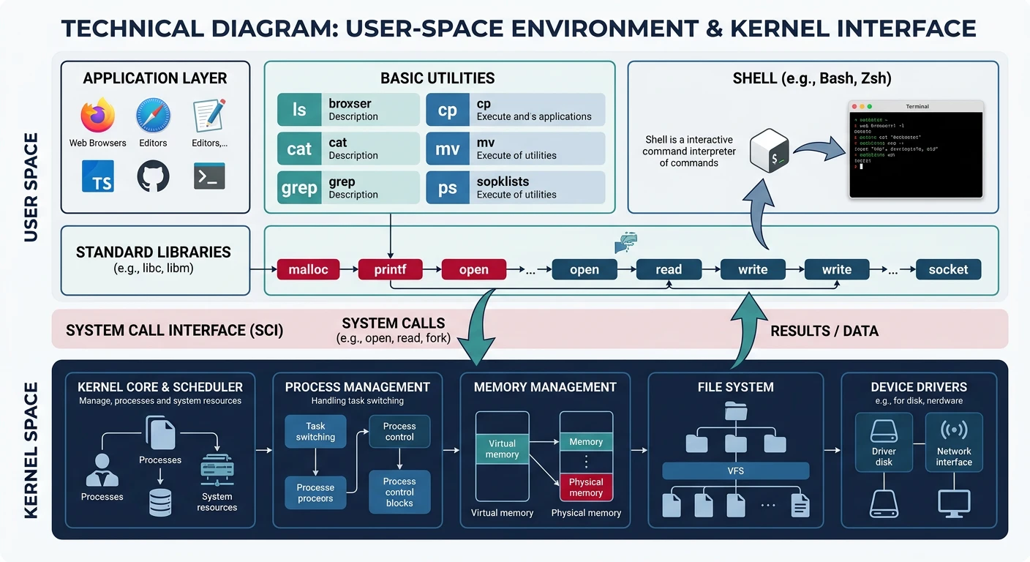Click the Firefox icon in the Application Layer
[x=98, y=116]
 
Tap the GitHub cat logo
[x=153, y=176]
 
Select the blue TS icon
[x=98, y=176]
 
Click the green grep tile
[x=299, y=188]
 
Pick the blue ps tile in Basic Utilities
[x=447, y=188]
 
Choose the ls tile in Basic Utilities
[x=299, y=110]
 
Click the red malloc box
[x=309, y=269]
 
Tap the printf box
[x=390, y=269]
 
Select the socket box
[x=948, y=269]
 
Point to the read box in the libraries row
[x=669, y=269]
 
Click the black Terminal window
[x=917, y=150]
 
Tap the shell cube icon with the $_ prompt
[x=772, y=151]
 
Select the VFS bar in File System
[x=735, y=471]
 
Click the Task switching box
[x=315, y=432]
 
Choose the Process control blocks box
[x=399, y=492]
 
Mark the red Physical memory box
[x=586, y=487]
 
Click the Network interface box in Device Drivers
[x=954, y=442]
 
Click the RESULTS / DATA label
[x=824, y=331]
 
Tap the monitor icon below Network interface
[x=954, y=503]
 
